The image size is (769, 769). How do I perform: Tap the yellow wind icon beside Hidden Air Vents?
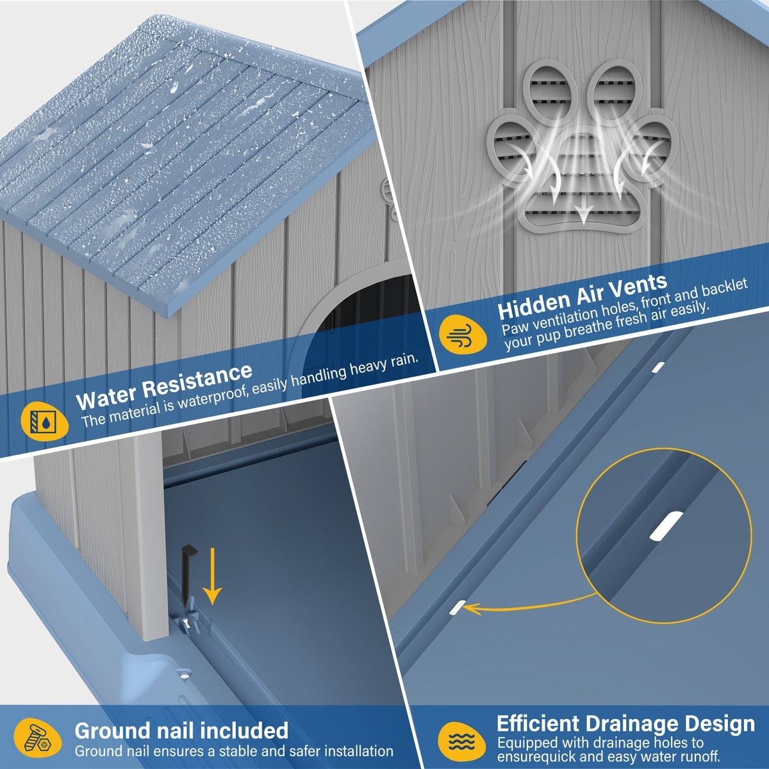coord(463,335)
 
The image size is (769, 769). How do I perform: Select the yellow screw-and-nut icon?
coord(38,738)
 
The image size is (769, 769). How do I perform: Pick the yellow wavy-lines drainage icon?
coord(461,741)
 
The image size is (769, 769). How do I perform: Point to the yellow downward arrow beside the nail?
coord(212,576)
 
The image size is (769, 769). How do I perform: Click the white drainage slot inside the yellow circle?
coord(666,526)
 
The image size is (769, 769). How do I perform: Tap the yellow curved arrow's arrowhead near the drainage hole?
coord(472,620)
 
